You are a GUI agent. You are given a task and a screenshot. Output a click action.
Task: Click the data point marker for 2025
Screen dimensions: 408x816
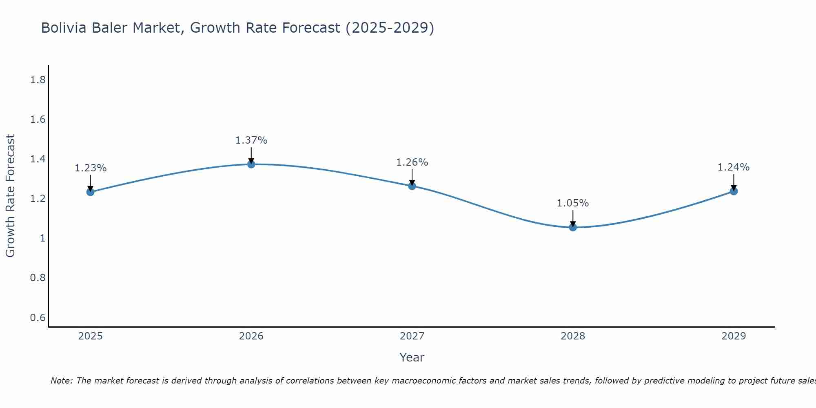pos(91,192)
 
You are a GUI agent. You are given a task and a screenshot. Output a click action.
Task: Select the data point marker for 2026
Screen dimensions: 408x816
pos(251,164)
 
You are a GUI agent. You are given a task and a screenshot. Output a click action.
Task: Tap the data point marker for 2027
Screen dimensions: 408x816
pos(412,186)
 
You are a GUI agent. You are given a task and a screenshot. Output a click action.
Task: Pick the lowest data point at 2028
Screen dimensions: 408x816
pos(573,227)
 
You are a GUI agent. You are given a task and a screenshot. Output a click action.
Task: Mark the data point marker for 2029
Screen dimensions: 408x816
pos(734,191)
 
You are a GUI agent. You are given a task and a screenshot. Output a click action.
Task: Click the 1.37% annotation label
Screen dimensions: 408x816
pos(251,140)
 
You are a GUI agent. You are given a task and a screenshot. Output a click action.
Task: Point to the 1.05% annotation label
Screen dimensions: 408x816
pos(573,203)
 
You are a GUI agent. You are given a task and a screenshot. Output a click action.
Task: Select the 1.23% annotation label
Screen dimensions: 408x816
pos(91,168)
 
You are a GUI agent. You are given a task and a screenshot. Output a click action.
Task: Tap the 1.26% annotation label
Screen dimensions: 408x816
pos(412,162)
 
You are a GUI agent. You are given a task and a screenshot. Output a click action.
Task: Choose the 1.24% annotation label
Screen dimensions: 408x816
pos(734,167)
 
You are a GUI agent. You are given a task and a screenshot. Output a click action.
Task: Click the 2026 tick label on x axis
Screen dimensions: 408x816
pos(251,336)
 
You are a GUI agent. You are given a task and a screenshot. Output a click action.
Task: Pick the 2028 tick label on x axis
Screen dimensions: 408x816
pos(573,336)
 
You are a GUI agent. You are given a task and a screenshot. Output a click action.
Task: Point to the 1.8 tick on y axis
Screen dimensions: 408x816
pos(38,80)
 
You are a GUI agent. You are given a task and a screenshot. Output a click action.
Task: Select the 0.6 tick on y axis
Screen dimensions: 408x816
pos(38,317)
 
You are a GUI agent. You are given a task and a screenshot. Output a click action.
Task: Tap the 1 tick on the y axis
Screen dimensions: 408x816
pos(42,238)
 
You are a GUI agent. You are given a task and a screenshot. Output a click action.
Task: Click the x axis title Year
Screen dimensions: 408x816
pos(412,357)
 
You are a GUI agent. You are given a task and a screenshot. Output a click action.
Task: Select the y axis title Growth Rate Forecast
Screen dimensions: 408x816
pos(10,196)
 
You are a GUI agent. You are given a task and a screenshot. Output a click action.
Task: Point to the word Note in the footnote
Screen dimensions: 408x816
pos(61,381)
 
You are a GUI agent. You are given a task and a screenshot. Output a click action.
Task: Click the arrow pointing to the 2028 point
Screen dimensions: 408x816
pos(573,218)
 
